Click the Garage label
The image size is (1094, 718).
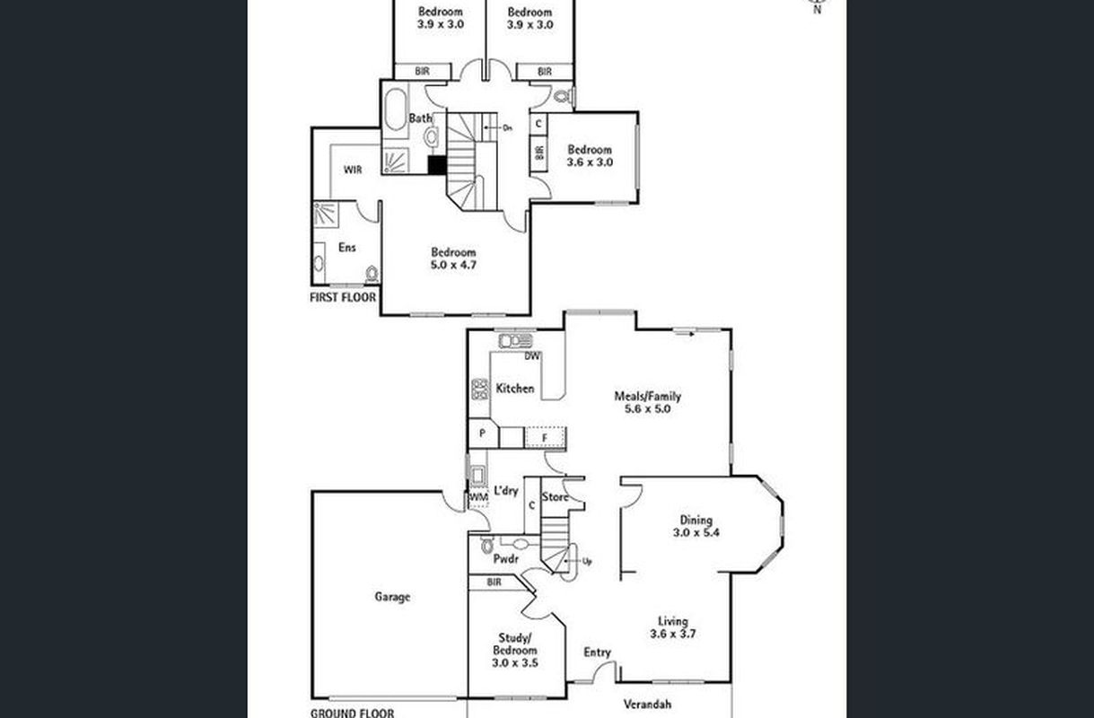click(x=392, y=597)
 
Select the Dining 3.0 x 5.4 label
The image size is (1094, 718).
click(x=696, y=526)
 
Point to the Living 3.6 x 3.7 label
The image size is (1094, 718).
click(x=672, y=627)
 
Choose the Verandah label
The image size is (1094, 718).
click(x=647, y=705)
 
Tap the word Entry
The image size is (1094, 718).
click(x=598, y=652)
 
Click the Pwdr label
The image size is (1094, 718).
click(x=505, y=559)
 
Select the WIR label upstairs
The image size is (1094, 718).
click(x=353, y=170)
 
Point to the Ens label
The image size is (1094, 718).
click(x=346, y=248)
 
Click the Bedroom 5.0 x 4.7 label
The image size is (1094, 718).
click(x=453, y=258)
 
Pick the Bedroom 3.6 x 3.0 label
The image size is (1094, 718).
click(x=590, y=156)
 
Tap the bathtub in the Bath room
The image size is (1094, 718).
click(x=396, y=109)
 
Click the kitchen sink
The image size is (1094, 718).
click(x=515, y=340)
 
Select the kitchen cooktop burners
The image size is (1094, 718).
click(x=479, y=390)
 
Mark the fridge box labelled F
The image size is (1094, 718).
click(x=545, y=438)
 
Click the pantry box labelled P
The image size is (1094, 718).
click(x=483, y=433)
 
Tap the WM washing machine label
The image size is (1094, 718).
click(x=478, y=497)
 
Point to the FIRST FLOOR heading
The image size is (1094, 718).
click(x=343, y=297)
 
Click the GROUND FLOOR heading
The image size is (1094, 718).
click(x=352, y=714)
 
